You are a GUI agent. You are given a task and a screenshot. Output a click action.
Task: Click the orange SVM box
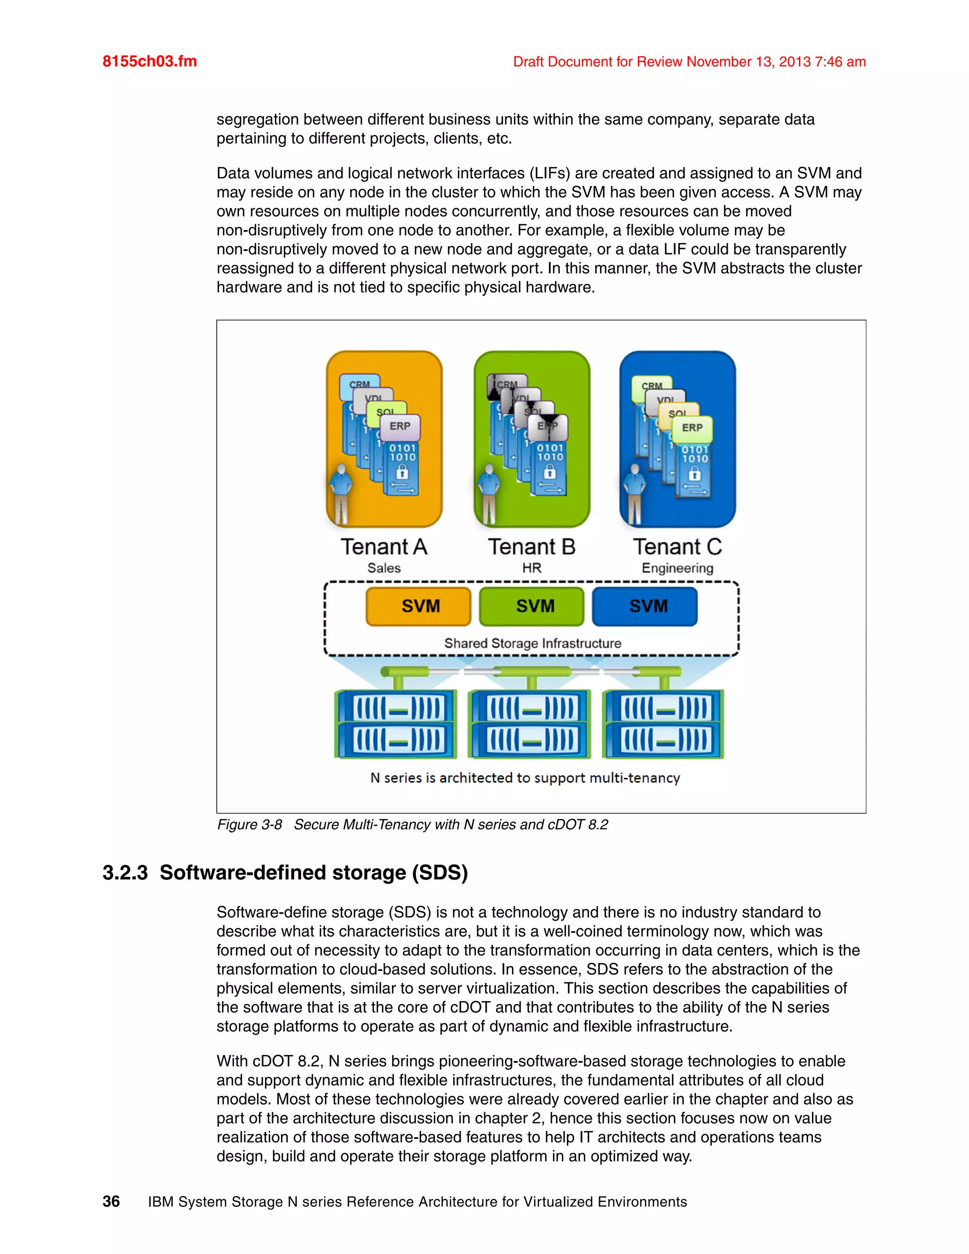click(418, 606)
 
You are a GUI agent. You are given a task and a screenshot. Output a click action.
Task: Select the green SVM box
click(531, 606)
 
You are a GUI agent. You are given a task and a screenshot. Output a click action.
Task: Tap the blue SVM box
click(645, 606)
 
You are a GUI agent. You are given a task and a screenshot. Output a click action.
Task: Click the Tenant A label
click(384, 547)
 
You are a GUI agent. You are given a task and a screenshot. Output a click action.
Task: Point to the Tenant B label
click(531, 547)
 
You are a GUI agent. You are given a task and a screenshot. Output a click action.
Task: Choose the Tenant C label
click(678, 547)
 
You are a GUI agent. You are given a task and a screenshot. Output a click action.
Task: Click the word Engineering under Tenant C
click(678, 568)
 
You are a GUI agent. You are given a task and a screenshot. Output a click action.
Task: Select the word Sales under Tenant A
click(384, 568)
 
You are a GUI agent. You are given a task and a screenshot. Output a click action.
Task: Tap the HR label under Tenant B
click(531, 568)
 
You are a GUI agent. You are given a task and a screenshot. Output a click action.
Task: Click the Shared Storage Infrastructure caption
click(532, 644)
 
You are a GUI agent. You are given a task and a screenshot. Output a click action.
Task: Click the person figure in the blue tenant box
click(634, 494)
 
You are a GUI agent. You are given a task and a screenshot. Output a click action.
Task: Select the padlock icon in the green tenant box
click(550, 473)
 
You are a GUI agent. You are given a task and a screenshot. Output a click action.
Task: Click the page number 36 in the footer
click(111, 1202)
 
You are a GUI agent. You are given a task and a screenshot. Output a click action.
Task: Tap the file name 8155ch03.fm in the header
click(150, 62)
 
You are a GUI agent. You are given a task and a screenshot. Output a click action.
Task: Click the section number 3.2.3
click(125, 873)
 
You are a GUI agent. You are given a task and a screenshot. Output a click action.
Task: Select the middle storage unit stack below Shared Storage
click(529, 724)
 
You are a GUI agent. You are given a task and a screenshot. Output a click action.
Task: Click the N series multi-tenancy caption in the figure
click(525, 778)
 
